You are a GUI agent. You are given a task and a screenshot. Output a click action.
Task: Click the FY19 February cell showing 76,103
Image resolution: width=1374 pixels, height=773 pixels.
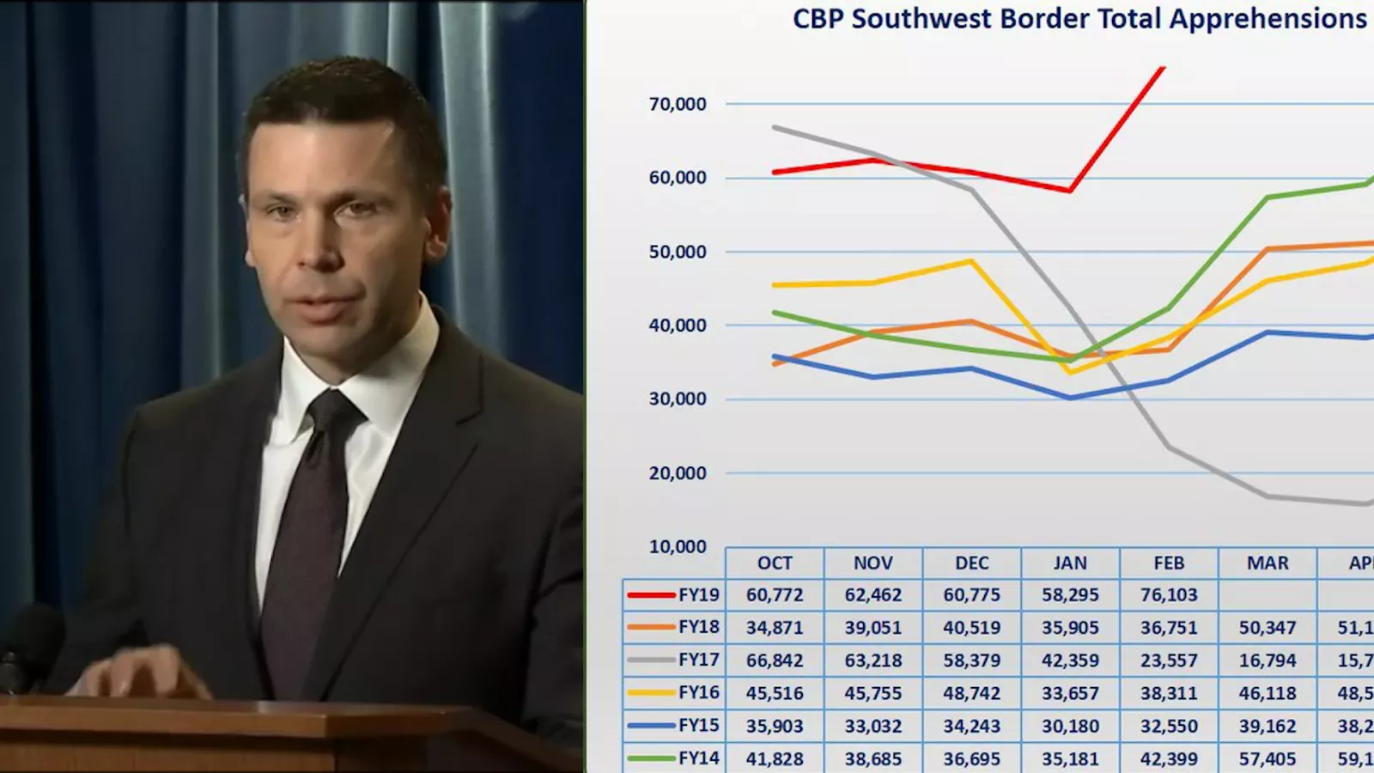[x=1169, y=595]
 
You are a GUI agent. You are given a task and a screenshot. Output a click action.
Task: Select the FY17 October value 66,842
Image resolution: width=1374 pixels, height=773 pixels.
[x=775, y=660]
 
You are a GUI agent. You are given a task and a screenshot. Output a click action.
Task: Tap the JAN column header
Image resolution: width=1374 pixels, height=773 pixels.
[x=1070, y=563]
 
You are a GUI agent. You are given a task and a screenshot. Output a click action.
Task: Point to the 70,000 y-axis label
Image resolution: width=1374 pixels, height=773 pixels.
[x=678, y=105]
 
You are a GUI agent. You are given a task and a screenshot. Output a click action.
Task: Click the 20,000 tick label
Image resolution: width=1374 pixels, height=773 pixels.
[x=678, y=473]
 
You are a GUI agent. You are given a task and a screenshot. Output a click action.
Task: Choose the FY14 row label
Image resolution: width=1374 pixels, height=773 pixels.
[x=698, y=758]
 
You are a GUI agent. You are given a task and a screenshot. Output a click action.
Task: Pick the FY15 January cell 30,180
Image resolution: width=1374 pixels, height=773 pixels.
[x=1070, y=726]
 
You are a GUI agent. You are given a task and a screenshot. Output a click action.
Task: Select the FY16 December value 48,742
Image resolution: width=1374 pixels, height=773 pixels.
[x=971, y=693]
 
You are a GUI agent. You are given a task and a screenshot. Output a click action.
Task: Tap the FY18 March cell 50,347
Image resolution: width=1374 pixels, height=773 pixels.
[x=1268, y=628]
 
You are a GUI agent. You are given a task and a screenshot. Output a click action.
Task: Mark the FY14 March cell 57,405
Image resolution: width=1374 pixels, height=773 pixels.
[x=1268, y=758]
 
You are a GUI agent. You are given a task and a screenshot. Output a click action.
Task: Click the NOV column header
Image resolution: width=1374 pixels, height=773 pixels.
[x=872, y=563]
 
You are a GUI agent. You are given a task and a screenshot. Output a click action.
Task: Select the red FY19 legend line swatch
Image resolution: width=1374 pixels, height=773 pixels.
[x=651, y=595]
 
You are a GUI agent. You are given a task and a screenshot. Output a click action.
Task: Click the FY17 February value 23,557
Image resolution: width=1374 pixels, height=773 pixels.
[x=1169, y=660]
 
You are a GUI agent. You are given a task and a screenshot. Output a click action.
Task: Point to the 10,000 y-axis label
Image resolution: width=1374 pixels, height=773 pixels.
[x=678, y=547]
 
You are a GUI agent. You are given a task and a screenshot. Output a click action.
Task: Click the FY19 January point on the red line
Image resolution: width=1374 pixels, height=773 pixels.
[x=1070, y=191]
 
